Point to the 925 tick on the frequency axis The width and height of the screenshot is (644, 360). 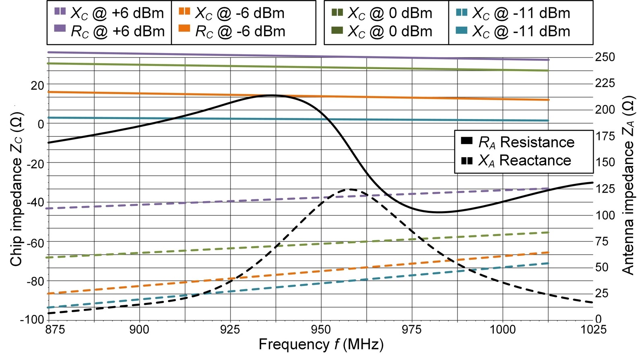(230, 330)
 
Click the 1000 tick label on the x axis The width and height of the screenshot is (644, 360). (503, 330)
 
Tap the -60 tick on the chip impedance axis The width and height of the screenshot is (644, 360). (35, 242)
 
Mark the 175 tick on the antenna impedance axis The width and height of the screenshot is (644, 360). (605, 136)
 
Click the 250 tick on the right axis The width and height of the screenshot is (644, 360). (605, 57)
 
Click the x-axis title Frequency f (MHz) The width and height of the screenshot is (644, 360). (321, 345)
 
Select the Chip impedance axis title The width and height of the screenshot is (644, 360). (16, 189)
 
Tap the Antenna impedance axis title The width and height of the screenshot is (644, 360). (628, 185)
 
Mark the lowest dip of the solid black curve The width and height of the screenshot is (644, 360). (438, 212)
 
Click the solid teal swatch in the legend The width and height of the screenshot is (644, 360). (461, 30)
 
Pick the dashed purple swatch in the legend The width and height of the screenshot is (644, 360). (60, 11)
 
